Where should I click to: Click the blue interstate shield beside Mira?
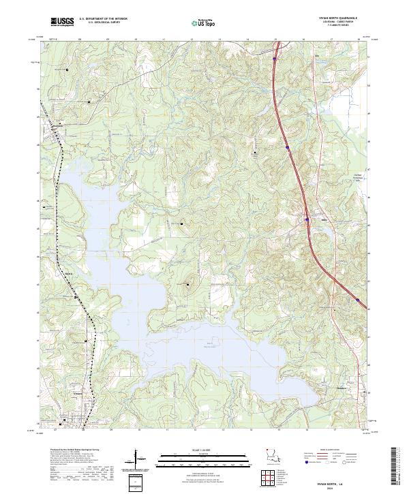click(307, 219)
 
